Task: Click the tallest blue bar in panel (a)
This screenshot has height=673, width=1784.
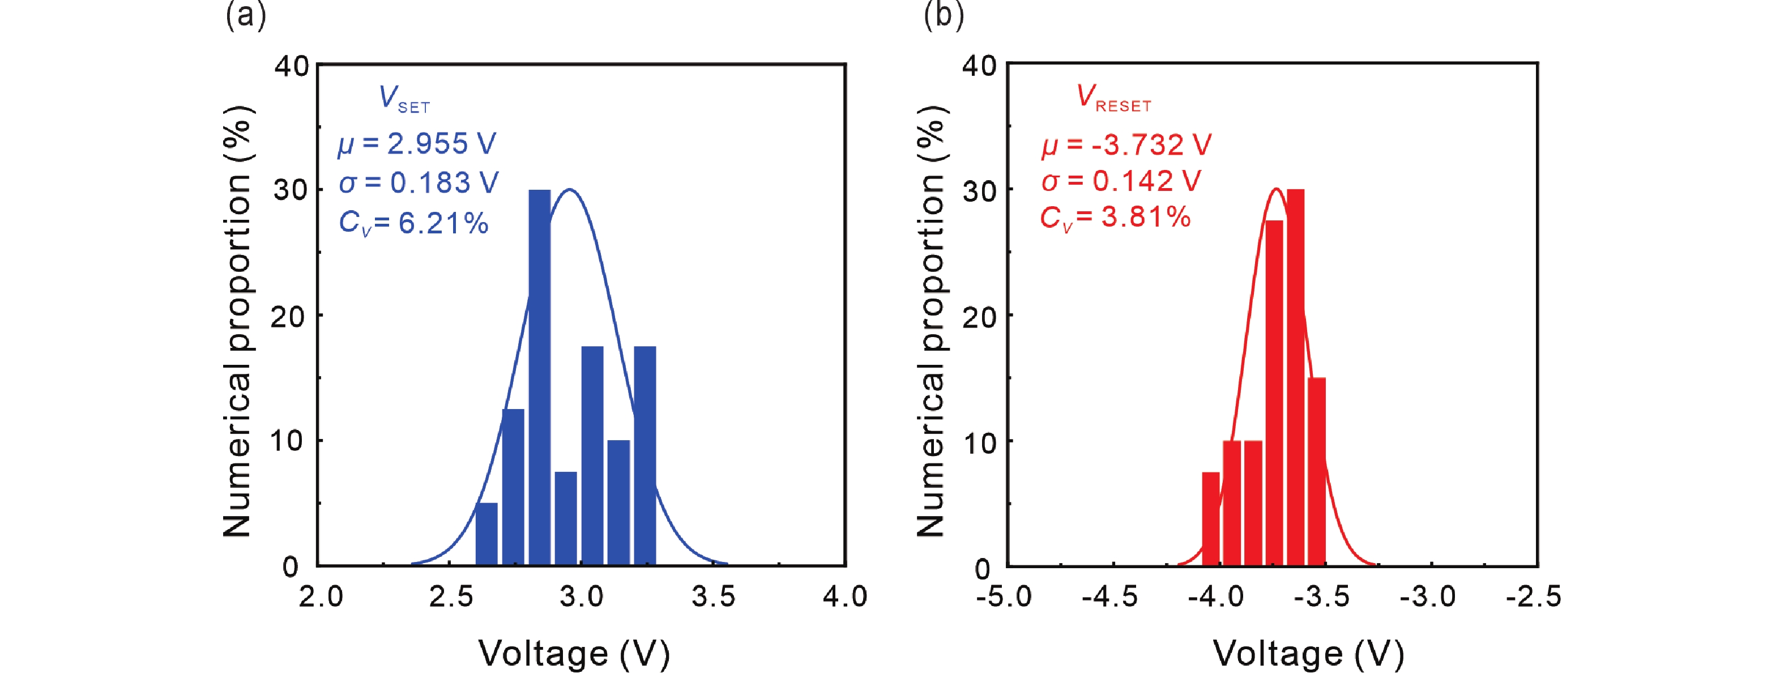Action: [x=540, y=377]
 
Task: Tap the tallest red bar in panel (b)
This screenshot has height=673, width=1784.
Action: [x=1295, y=377]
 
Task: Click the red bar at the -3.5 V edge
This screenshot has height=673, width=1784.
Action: [x=1317, y=471]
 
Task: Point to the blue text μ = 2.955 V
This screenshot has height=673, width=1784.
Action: [x=417, y=144]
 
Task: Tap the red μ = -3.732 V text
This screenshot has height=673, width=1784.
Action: [x=1126, y=144]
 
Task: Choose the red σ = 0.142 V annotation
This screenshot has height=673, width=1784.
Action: [x=1121, y=181]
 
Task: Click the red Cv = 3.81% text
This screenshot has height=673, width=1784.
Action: [x=1115, y=218]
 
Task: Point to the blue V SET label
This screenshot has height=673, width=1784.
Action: [x=404, y=99]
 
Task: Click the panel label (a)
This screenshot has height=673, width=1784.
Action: [x=245, y=15]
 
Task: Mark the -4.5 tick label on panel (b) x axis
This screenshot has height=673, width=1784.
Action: [x=1109, y=596]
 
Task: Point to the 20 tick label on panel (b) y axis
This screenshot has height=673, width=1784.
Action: [x=979, y=317]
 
